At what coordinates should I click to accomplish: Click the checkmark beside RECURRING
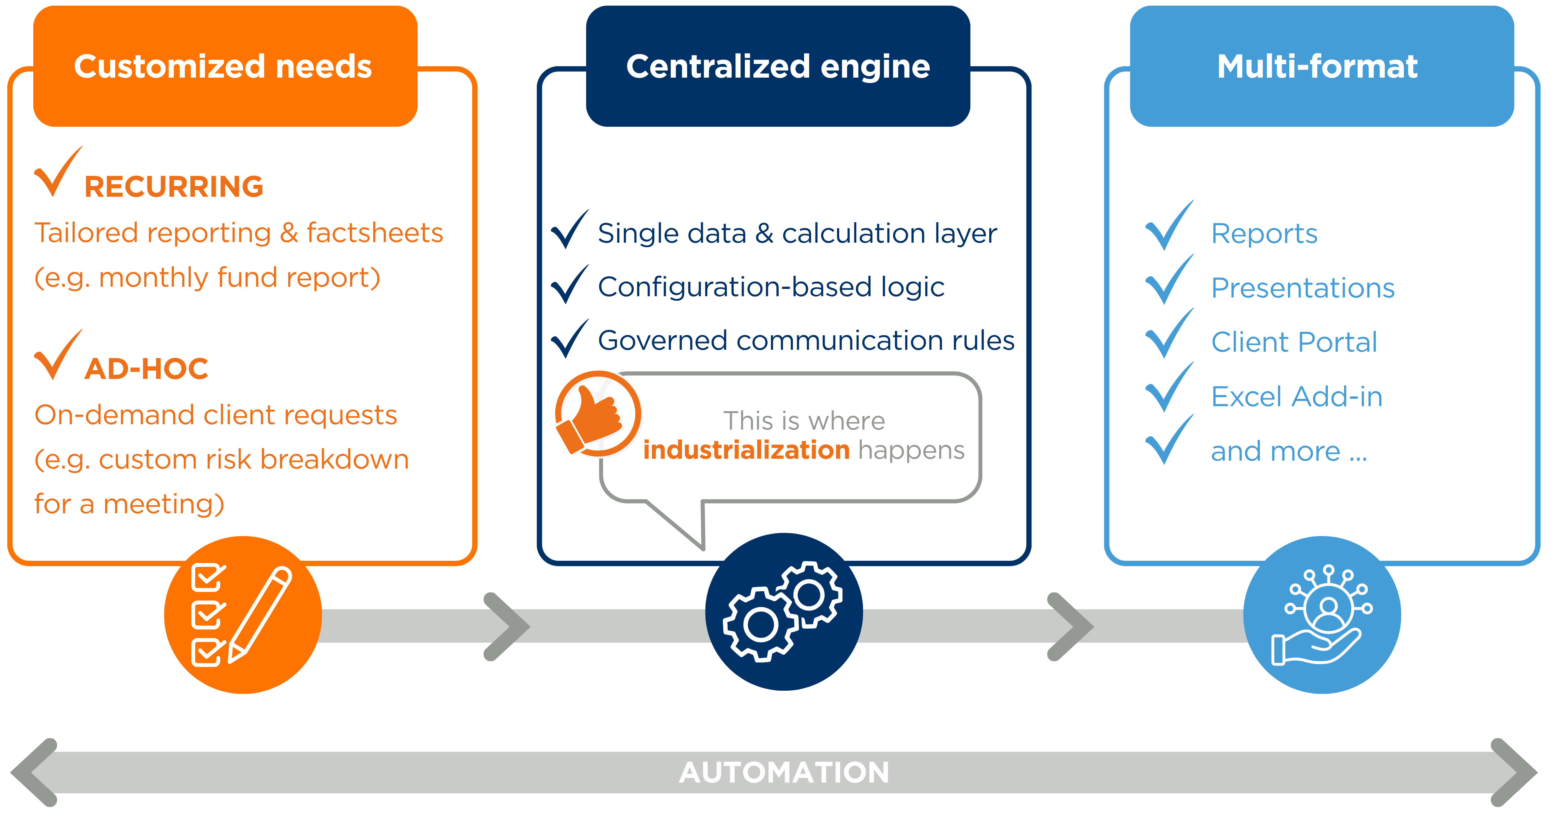coord(57,172)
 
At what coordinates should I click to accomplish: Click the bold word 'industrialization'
coord(746,450)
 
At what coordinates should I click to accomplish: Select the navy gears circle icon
coord(784,611)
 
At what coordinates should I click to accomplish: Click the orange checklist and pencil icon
coord(243,614)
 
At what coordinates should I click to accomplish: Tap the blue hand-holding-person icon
coord(1322,614)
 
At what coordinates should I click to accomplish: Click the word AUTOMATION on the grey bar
coord(784,772)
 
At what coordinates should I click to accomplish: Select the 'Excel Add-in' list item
coord(1296,397)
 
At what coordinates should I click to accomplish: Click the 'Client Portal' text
coord(1294,342)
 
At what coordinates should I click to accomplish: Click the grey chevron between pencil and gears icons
coord(506,627)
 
